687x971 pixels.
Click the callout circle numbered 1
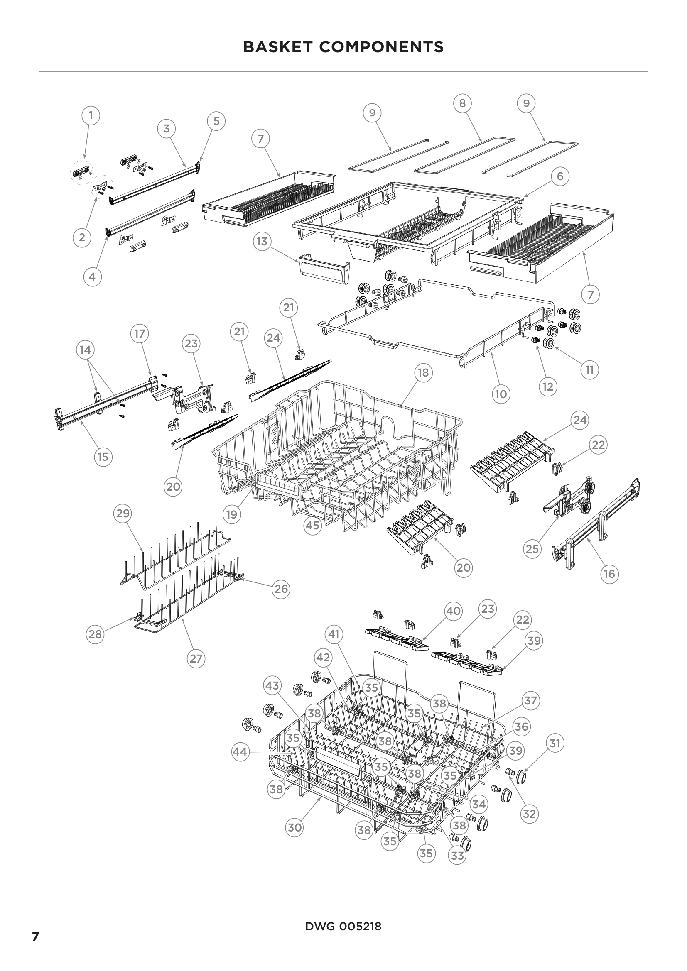tap(91, 115)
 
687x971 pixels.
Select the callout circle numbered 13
tap(262, 242)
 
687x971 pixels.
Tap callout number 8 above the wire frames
tap(462, 103)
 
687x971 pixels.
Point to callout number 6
tap(560, 176)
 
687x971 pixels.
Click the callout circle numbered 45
tap(313, 526)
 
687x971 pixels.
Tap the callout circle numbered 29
tap(123, 514)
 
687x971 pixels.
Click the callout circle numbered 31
tap(555, 744)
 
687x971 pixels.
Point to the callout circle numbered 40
tap(454, 611)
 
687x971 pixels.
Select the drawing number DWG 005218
tap(343, 927)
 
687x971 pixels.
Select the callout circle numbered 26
tap(281, 589)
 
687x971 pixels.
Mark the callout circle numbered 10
tap(501, 394)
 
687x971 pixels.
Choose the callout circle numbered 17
tap(140, 334)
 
